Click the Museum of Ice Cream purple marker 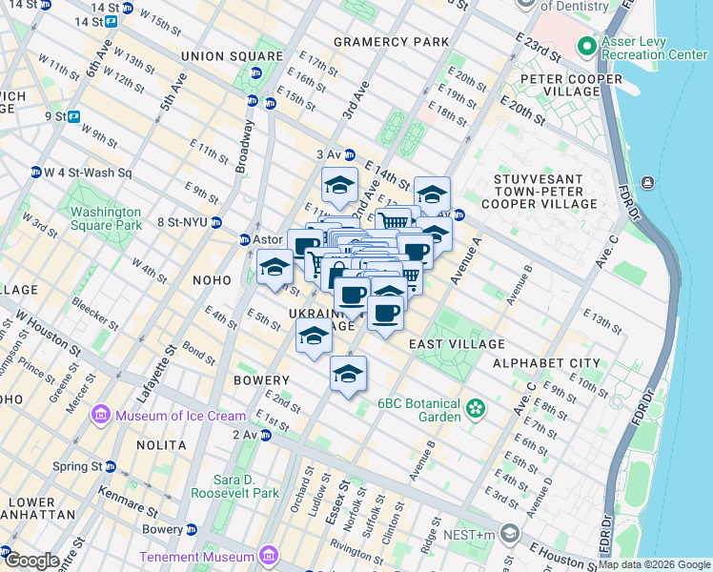point(101,416)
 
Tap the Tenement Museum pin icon point(269,556)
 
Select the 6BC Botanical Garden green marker point(475,410)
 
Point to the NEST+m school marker point(510,532)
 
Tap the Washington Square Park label point(105,218)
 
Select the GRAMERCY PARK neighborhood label point(391,42)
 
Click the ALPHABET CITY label point(546,363)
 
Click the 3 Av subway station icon point(350,154)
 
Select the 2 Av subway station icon point(267,436)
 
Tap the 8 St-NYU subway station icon point(217,223)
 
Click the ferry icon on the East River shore point(648,182)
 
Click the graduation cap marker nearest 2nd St point(348,374)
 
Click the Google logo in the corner point(31,561)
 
